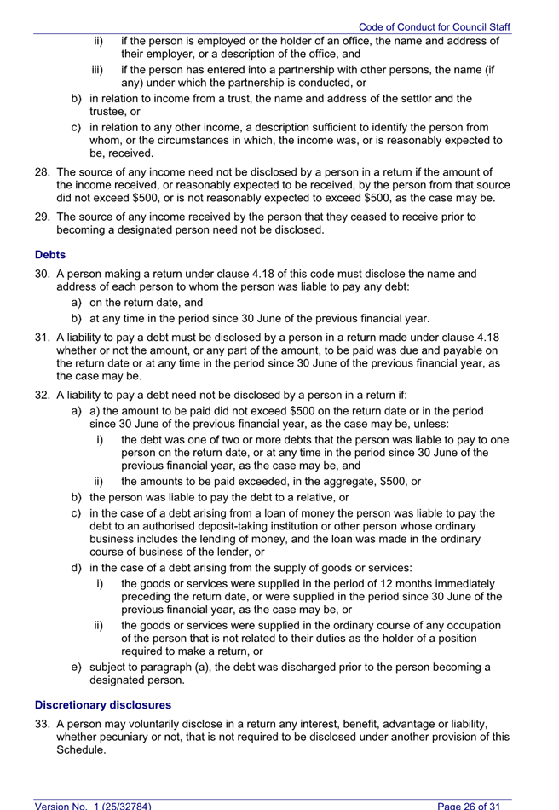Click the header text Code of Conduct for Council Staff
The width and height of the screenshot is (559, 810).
coord(434,27)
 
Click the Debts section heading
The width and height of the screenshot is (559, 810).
coord(49,255)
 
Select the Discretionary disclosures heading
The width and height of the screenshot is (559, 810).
coord(102,705)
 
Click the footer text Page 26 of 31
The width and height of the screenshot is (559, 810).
coord(475,805)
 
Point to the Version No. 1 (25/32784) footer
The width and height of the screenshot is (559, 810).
coord(93,805)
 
